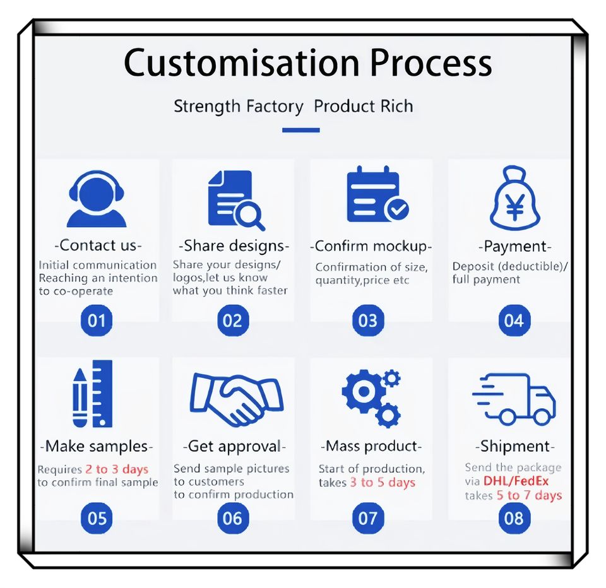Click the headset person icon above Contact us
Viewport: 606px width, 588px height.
97,200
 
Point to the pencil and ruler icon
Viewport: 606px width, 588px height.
93,394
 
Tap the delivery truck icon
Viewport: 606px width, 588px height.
514,398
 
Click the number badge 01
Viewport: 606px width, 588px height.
97,320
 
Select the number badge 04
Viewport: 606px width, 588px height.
514,320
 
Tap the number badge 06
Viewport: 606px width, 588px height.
232,519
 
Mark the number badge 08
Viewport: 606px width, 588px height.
514,519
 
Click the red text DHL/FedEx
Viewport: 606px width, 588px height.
516,481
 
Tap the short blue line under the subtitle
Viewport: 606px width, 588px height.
300,130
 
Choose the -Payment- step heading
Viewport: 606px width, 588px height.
514,246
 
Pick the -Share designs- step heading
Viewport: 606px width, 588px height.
234,245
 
